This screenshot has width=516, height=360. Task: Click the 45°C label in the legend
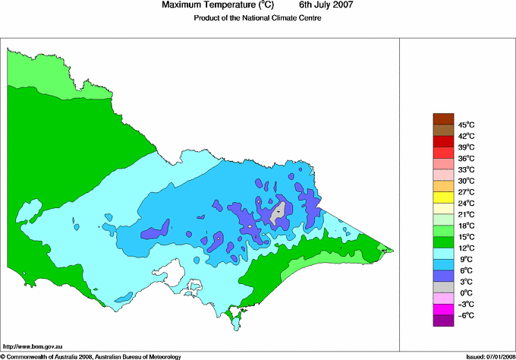pyautogui.click(x=465, y=125)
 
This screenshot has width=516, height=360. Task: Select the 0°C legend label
pyautogui.click(x=464, y=292)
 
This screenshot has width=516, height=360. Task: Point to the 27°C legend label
pyautogui.click(x=465, y=192)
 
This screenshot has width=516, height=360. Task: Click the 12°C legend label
pyautogui.click(x=465, y=248)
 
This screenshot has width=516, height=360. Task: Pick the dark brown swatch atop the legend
pyautogui.click(x=442, y=118)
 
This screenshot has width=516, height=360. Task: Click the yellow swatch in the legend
pyautogui.click(x=442, y=197)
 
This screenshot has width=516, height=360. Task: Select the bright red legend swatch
pyautogui.click(x=442, y=141)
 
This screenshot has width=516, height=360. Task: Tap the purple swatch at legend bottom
pyautogui.click(x=442, y=321)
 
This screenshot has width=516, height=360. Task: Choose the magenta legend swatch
pyautogui.click(x=442, y=310)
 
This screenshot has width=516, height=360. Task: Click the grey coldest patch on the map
pyautogui.click(x=278, y=213)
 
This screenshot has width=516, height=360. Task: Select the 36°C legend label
pyautogui.click(x=465, y=158)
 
